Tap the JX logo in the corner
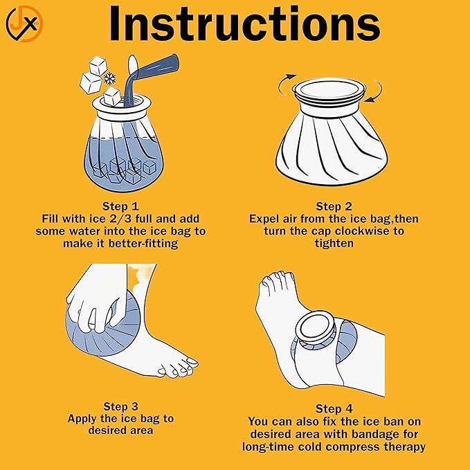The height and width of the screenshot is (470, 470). tap(24, 24)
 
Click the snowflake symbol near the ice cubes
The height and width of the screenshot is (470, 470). tap(109, 78)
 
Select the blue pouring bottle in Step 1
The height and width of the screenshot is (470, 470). tap(150, 78)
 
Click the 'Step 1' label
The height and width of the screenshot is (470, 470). tap(120, 206)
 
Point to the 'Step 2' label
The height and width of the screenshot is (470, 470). tap(334, 206)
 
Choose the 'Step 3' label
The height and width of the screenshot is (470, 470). tap(120, 406)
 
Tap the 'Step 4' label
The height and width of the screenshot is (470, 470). tap(334, 408)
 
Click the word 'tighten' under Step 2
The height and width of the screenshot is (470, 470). tap(334, 243)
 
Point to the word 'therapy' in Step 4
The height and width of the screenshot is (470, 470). tap(405, 447)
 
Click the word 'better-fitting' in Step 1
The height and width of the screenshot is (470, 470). tap(143, 244)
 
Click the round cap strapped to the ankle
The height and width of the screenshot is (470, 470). tap(316, 328)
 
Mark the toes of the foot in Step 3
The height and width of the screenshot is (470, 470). tap(178, 367)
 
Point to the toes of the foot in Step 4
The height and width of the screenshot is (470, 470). tap(273, 280)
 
